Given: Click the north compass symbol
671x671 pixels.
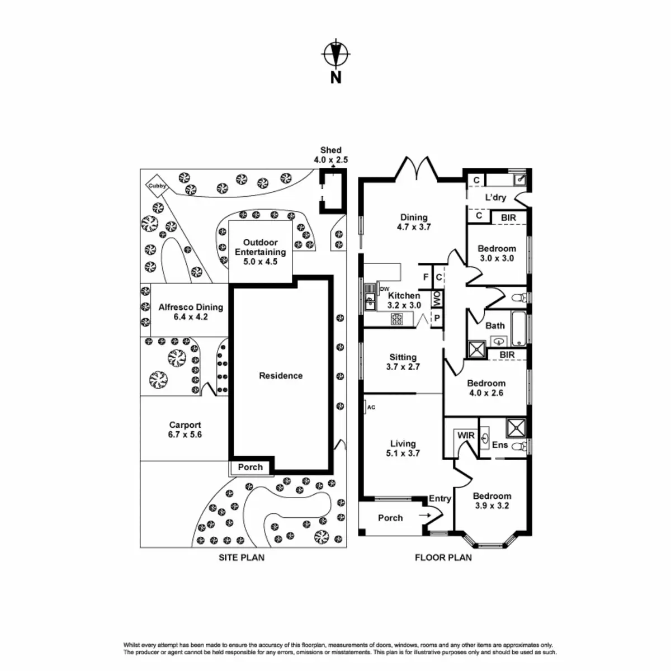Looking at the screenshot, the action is (x=335, y=55).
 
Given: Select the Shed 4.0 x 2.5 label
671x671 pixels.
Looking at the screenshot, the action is (x=330, y=155).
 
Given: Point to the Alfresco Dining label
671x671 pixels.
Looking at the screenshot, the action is (x=191, y=311).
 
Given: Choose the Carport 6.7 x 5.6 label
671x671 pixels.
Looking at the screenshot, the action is (x=185, y=429).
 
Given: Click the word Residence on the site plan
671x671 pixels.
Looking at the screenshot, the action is (x=281, y=376).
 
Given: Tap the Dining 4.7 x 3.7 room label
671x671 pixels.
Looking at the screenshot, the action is (x=414, y=222).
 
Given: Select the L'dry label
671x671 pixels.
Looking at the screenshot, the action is (x=495, y=197).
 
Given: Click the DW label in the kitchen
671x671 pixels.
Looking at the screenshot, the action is (x=384, y=289).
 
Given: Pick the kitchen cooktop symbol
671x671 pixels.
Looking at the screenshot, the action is (x=396, y=319).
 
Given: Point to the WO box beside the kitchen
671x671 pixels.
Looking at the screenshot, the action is (x=437, y=299).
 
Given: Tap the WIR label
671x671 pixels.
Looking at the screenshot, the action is (x=466, y=436).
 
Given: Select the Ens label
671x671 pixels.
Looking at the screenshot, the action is (x=500, y=445).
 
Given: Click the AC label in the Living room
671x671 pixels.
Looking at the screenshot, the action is (x=371, y=407).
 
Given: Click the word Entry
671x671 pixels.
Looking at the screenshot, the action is (x=440, y=499).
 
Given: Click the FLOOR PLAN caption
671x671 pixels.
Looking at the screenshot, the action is (x=443, y=557).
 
